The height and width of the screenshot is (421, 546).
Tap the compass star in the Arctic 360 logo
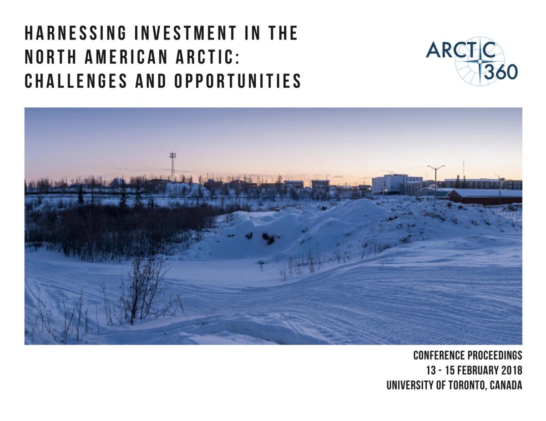coord(480,61)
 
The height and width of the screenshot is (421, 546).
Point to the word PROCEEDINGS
coord(494,355)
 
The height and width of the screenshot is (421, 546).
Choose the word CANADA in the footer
coord(506,385)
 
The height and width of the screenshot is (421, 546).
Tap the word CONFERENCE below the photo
coord(438,355)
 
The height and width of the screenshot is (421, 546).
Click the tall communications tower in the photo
coord(172,166)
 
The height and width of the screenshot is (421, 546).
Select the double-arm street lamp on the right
coord(435,180)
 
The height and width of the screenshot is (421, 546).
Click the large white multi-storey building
coord(391,183)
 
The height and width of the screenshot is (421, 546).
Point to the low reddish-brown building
coord(485,196)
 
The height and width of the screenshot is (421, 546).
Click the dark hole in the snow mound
coord(269,238)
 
